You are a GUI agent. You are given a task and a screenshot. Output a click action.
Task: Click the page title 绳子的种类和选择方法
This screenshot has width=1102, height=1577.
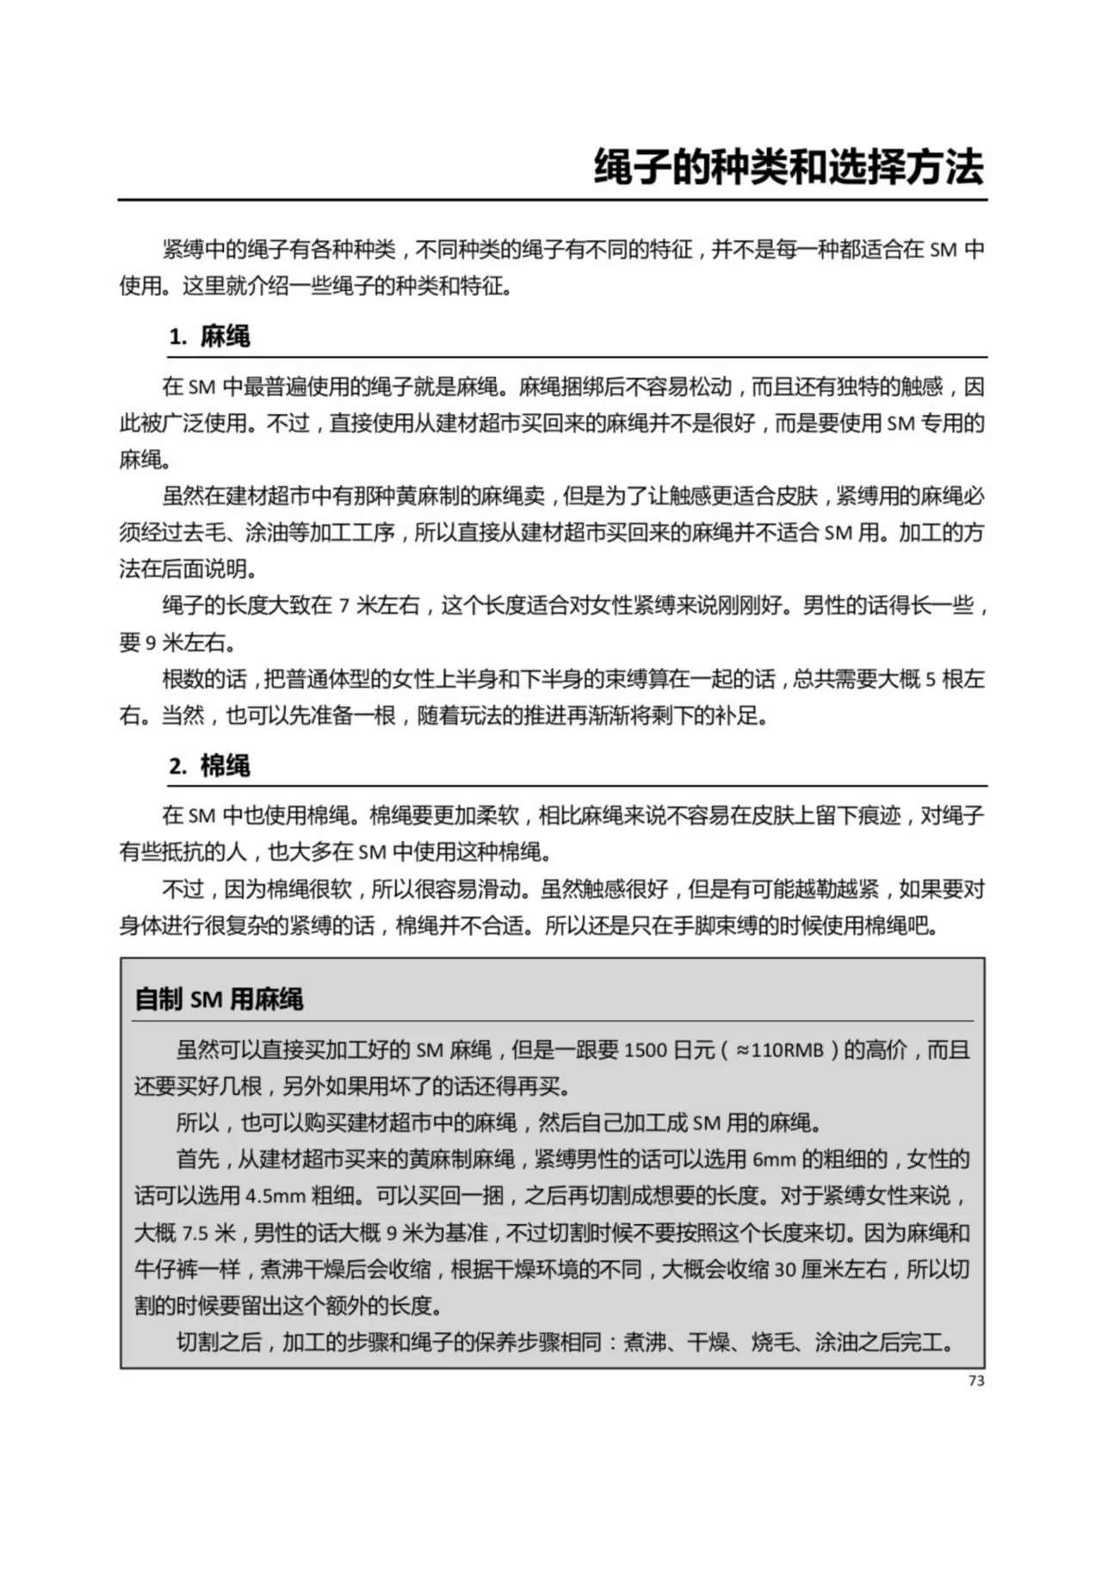click(788, 168)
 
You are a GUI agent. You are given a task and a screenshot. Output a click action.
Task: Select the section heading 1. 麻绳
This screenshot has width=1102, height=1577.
click(209, 336)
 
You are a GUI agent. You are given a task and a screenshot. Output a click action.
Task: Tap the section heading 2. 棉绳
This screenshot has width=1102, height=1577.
click(209, 765)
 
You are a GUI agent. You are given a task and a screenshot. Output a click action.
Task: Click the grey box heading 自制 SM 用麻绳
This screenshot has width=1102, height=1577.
click(220, 999)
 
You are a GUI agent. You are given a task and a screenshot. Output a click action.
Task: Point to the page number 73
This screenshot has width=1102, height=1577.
click(975, 1381)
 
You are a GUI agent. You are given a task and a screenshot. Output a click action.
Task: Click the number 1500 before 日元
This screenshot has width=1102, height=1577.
click(645, 1050)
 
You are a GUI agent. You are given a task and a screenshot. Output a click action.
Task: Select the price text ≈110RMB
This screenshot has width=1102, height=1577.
click(779, 1050)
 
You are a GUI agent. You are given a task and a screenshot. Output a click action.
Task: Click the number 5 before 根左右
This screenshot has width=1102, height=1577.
click(930, 680)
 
